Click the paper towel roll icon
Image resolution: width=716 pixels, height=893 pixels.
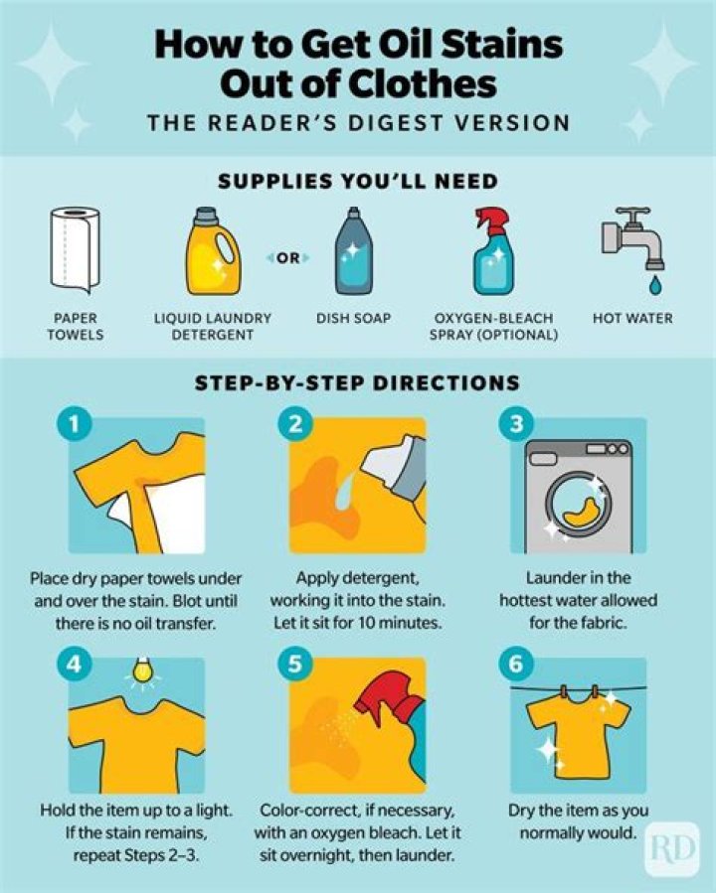(75, 249)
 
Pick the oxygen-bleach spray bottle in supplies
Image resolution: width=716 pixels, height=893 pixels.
(491, 253)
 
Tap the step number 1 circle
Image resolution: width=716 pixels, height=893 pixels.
(75, 425)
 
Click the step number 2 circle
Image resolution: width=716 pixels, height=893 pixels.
(294, 425)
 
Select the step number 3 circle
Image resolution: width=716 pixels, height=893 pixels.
(516, 425)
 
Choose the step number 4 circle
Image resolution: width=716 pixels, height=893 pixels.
(75, 665)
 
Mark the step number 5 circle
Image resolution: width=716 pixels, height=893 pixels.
(294, 665)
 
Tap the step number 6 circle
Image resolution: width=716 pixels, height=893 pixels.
(516, 665)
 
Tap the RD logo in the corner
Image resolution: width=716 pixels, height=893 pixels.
(671, 847)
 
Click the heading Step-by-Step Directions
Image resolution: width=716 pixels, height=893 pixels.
(358, 382)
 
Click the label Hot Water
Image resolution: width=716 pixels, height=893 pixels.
(632, 319)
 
